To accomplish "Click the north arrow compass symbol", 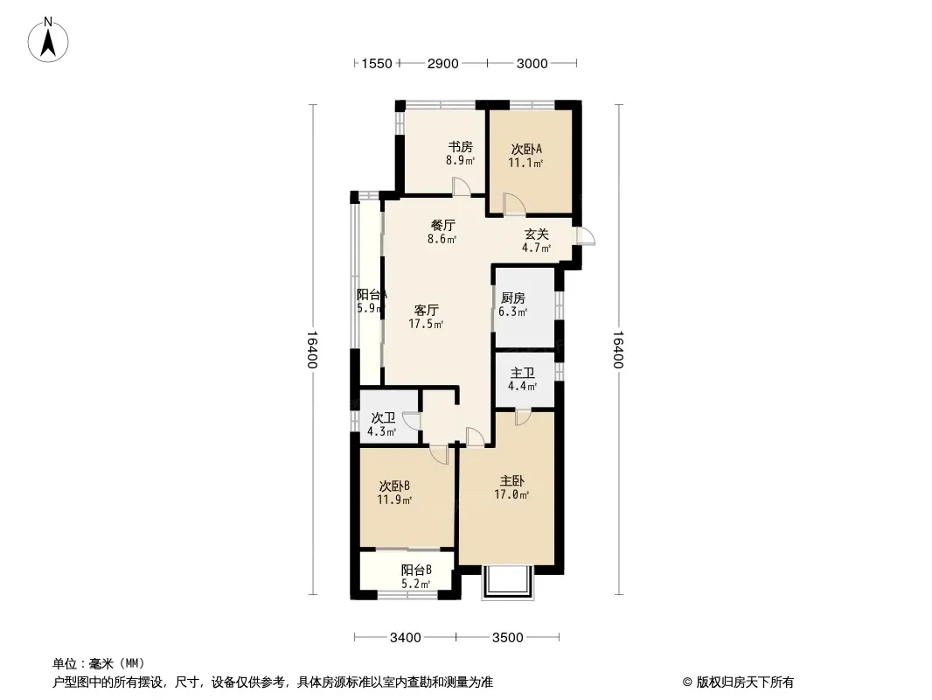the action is [48, 40].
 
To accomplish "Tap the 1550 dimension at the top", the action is [377, 64].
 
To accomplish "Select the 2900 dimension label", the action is [442, 64].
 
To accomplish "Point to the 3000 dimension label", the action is [532, 64].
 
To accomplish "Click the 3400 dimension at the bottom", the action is [406, 638].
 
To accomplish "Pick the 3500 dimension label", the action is [508, 638].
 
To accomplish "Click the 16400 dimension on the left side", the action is [313, 350].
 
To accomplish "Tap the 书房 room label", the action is [460, 147].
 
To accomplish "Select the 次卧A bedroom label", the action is [526, 150].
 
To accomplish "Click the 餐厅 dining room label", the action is [442, 226].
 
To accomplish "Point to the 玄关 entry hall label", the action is [536, 234].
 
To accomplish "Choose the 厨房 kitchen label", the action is [513, 298].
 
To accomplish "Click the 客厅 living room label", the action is [426, 311].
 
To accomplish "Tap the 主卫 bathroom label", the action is [523, 373].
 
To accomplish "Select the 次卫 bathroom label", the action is [383, 418].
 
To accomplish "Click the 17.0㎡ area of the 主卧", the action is [511, 494].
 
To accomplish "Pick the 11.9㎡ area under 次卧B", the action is [394, 500].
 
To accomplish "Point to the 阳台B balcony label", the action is [416, 570].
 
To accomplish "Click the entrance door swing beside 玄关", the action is [585, 236].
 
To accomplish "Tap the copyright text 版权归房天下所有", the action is [745, 682].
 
